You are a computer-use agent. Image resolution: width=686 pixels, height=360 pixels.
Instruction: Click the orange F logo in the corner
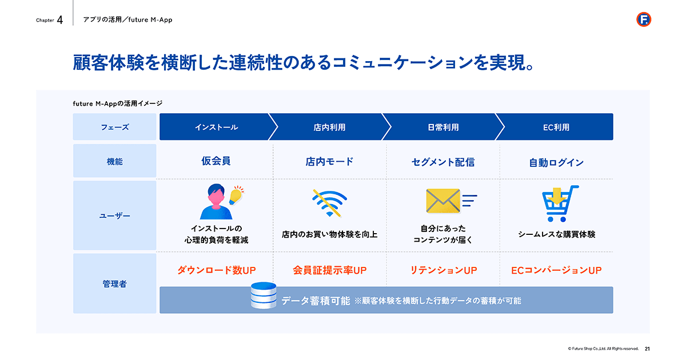[644, 19]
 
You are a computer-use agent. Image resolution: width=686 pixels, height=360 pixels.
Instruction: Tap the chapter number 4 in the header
[60, 20]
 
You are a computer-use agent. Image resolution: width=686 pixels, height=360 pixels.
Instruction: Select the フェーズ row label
[114, 127]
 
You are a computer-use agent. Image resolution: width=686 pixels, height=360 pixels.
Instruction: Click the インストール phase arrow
[216, 127]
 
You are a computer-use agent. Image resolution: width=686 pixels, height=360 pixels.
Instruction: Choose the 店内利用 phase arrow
[329, 127]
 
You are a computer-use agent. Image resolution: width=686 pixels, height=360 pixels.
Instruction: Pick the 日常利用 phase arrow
[443, 127]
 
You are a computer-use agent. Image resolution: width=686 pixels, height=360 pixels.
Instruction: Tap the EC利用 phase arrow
[556, 127]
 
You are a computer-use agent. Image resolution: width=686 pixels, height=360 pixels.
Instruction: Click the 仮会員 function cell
[216, 161]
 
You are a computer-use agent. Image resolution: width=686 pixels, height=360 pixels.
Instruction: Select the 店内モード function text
[329, 161]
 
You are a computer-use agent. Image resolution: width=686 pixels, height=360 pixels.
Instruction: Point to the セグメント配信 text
[443, 162]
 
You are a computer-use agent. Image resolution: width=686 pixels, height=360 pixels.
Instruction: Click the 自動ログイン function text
[556, 162]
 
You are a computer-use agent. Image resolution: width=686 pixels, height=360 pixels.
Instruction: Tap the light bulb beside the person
[237, 195]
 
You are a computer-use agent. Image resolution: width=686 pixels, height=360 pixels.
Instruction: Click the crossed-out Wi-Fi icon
[329, 203]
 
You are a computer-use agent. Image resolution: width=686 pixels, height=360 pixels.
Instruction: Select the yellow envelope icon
[443, 201]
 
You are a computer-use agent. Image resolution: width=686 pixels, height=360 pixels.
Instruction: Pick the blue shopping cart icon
[560, 203]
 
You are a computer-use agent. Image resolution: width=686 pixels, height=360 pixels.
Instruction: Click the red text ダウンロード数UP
[216, 270]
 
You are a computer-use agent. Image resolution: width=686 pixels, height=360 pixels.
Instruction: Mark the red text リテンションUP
[443, 270]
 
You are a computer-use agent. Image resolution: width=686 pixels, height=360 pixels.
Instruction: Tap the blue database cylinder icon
[264, 295]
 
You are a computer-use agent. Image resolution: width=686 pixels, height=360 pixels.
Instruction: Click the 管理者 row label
[114, 284]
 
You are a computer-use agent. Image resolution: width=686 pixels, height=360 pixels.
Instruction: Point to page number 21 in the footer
[647, 349]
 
